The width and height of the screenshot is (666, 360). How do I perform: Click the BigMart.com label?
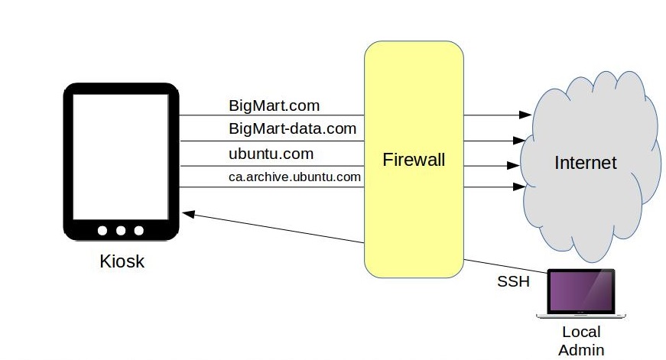(x=274, y=105)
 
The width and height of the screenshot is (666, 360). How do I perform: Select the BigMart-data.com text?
(x=293, y=128)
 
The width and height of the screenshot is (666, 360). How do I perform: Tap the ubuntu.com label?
(x=271, y=153)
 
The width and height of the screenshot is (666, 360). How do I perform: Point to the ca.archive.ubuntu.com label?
(x=294, y=177)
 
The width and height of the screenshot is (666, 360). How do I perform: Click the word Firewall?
(x=414, y=160)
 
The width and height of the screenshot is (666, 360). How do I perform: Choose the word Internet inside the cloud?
(x=585, y=162)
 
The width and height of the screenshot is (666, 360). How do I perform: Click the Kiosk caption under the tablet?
(x=122, y=262)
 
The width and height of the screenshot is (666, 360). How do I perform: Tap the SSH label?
(x=513, y=281)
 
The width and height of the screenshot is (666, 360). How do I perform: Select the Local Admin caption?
(x=581, y=341)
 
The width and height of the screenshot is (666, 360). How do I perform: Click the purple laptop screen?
(x=581, y=291)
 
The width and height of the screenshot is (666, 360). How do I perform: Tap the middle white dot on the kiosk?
(x=122, y=231)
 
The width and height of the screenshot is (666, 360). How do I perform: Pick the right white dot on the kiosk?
(x=139, y=231)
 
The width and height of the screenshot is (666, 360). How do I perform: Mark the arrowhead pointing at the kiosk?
(x=187, y=215)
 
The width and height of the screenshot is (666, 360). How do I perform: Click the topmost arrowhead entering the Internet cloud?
(x=525, y=115)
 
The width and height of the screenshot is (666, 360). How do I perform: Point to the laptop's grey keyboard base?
(x=581, y=315)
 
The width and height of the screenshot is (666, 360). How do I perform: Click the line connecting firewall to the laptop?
(x=505, y=264)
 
